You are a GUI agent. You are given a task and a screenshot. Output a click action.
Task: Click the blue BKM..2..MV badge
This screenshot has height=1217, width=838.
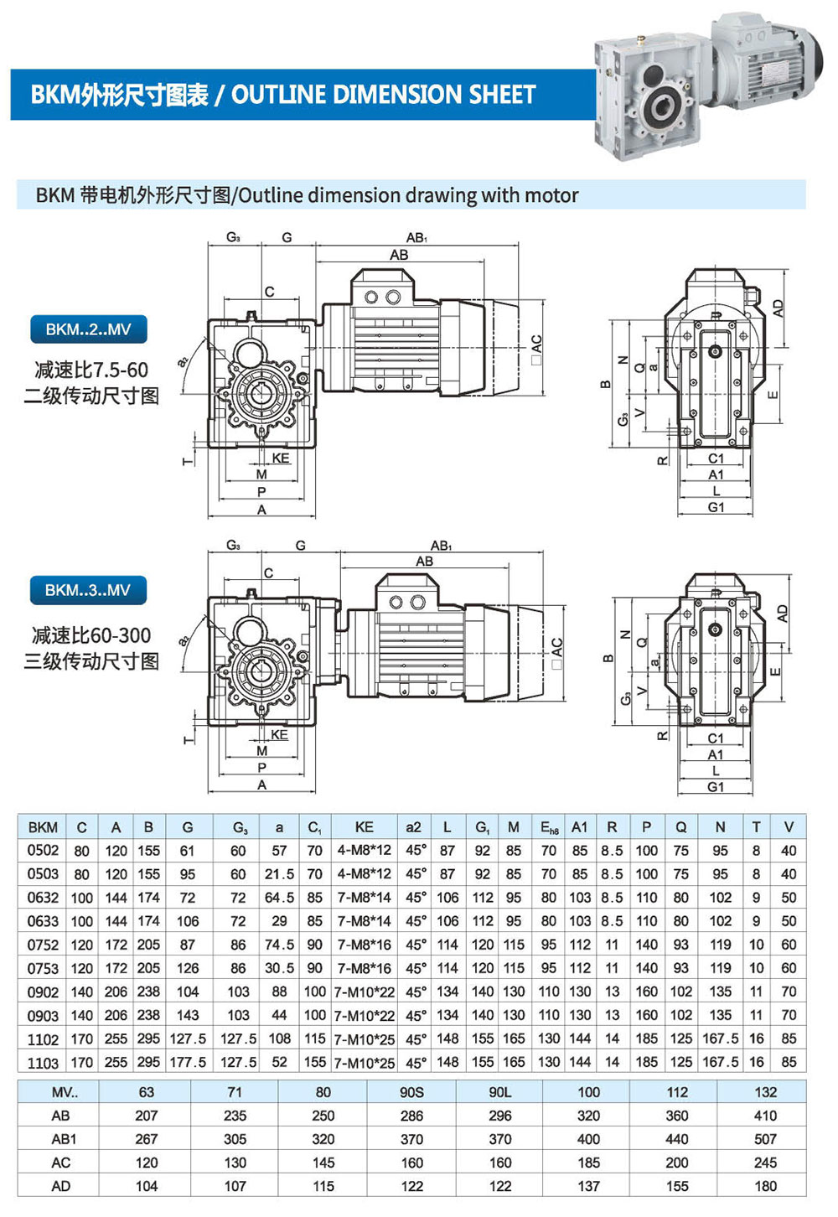point(89,329)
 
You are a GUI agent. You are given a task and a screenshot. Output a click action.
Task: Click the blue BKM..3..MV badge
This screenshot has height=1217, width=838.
point(88,590)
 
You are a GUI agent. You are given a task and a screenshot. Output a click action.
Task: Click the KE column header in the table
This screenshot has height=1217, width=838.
point(365,827)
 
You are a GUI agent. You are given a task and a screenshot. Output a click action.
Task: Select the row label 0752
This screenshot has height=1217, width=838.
point(43,945)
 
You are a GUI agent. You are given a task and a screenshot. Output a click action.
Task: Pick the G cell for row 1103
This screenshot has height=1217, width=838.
point(188,1062)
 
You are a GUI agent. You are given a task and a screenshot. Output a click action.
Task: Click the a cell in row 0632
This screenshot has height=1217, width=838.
point(279,898)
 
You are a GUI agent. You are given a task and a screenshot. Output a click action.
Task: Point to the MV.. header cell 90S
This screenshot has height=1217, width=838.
point(411,1092)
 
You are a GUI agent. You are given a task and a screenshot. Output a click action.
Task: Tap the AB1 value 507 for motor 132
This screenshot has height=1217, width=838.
point(765,1139)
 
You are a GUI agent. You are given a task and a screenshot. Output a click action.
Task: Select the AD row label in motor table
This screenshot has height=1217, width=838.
point(61,1186)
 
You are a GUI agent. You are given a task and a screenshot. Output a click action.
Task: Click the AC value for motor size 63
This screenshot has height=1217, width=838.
point(147,1163)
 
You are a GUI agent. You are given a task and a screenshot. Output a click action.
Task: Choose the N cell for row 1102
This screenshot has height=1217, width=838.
point(721,1038)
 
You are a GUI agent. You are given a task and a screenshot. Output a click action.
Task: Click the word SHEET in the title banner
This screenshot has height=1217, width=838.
point(502,95)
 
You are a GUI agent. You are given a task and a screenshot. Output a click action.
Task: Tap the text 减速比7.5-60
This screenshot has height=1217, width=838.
point(91,370)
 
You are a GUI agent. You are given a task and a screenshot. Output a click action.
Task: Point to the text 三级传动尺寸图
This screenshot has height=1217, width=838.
point(91,661)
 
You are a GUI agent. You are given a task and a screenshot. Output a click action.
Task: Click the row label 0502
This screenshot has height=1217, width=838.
point(43,850)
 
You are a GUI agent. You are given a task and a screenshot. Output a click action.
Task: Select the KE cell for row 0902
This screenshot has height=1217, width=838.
point(365,992)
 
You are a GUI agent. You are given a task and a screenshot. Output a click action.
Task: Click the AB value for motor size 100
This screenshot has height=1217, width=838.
point(588,1116)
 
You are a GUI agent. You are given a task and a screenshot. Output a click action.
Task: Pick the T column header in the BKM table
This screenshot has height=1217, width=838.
point(757,827)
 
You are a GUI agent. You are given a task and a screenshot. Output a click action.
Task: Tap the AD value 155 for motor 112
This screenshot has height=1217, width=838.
point(677,1186)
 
